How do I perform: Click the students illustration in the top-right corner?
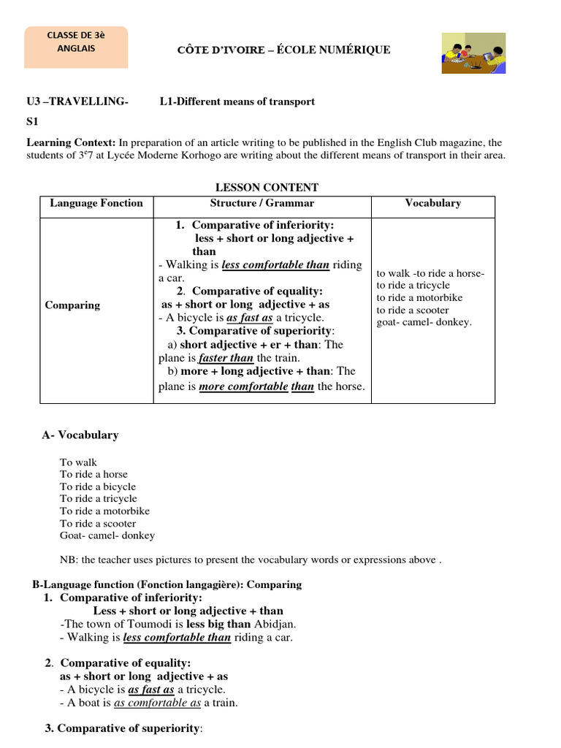point(474,53)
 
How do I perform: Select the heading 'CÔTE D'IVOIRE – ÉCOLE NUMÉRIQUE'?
point(280,50)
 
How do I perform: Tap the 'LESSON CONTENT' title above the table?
point(267,188)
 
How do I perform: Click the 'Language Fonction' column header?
point(96,203)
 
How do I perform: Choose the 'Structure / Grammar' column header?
point(262,203)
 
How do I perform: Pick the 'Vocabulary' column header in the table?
point(432,203)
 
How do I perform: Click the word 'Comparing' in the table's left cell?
point(72,305)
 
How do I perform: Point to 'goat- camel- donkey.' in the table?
point(424,322)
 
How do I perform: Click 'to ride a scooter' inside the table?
point(413,310)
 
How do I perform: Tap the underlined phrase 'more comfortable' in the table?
point(243,386)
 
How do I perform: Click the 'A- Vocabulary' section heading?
point(80,435)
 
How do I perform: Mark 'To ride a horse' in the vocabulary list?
point(93,474)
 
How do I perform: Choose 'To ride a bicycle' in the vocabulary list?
point(98,486)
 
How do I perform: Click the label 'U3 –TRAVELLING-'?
point(77,102)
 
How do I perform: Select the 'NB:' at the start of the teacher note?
point(68,560)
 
